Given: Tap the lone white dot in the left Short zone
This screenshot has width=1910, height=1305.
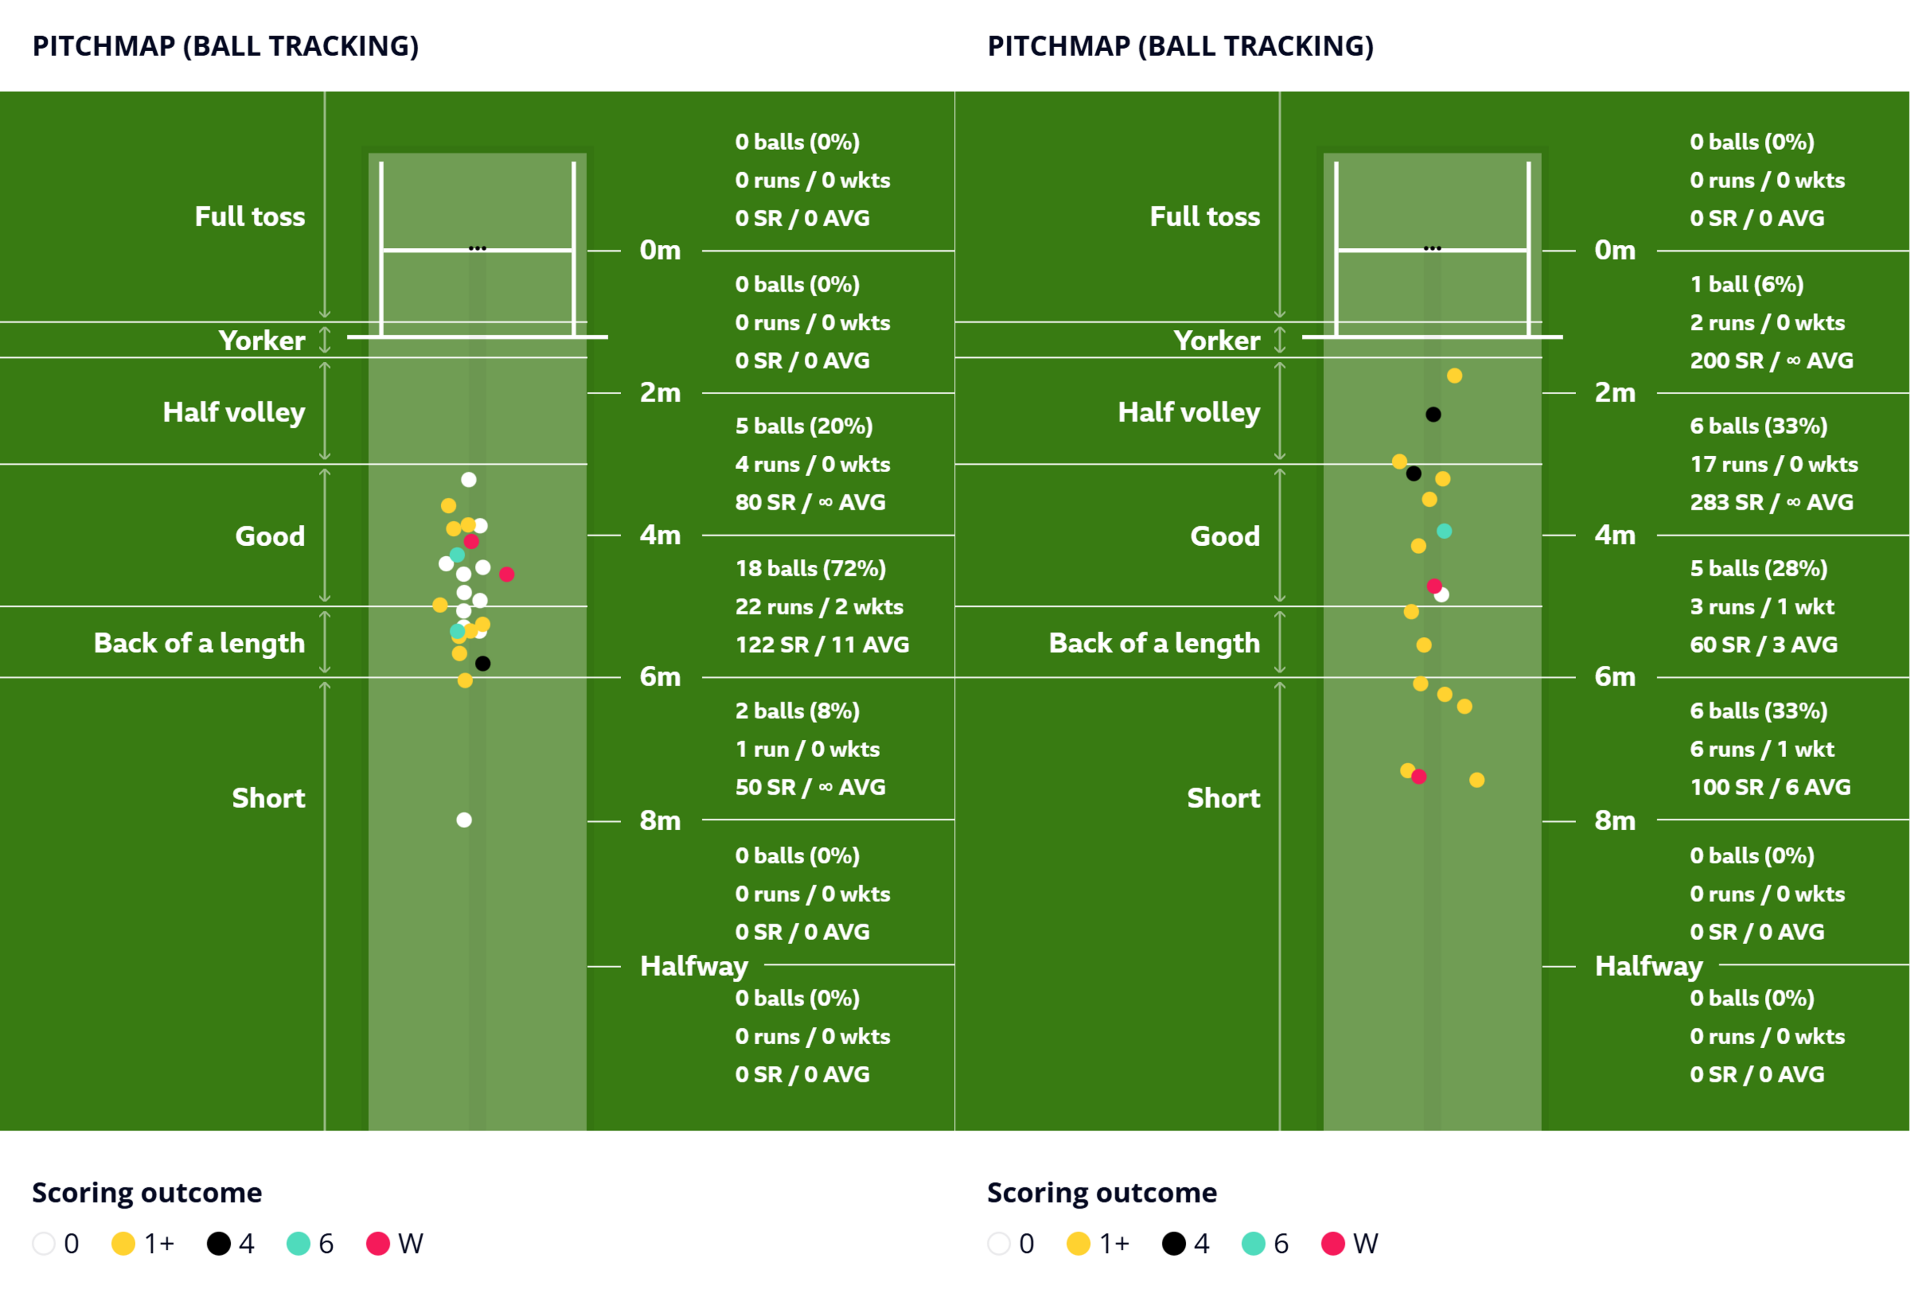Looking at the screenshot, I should coord(465,820).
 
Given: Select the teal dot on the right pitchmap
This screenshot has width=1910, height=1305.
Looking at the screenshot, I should coord(1444,531).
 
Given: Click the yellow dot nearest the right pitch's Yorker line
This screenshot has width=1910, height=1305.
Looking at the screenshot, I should coord(1455,376).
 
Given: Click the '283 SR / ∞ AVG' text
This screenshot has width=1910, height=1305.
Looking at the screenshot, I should coord(1771,502).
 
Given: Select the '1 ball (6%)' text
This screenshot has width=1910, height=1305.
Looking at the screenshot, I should coord(1746,285).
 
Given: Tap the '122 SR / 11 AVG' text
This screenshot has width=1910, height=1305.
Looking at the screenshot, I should coord(822,645).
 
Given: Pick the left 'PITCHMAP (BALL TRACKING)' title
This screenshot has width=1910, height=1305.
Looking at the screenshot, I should coord(226,46).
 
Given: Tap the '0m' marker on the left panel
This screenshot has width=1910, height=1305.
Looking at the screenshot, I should coord(660,250).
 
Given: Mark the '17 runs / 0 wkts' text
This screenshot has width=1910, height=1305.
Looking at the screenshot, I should coord(1774,465).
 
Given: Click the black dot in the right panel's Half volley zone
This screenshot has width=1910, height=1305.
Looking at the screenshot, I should coord(1433,414).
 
